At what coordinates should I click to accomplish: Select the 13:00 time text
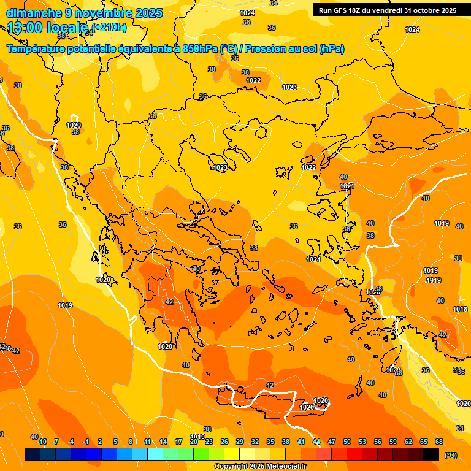26,28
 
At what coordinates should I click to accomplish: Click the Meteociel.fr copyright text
259,466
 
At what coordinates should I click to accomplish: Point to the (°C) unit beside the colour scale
450,455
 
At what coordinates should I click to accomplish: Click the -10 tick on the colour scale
42,442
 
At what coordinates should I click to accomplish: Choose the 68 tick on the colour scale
439,442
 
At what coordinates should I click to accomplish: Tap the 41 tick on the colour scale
301,442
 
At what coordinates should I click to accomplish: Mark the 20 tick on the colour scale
194,442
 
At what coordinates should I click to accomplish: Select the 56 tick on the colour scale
378,442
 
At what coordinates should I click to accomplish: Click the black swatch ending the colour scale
431,454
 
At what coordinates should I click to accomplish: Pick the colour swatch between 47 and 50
339,454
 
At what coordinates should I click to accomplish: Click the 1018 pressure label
460,309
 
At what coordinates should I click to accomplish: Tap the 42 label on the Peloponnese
169,302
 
